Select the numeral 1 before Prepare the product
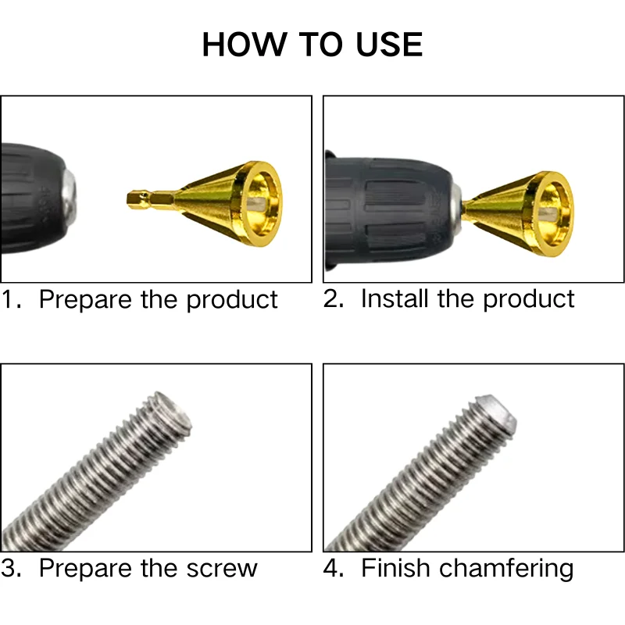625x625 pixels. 9,300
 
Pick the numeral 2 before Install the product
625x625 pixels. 333,298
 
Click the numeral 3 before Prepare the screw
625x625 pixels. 9,568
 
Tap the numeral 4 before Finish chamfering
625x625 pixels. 333,568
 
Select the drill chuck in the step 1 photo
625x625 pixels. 35,188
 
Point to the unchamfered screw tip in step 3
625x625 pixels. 173,409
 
